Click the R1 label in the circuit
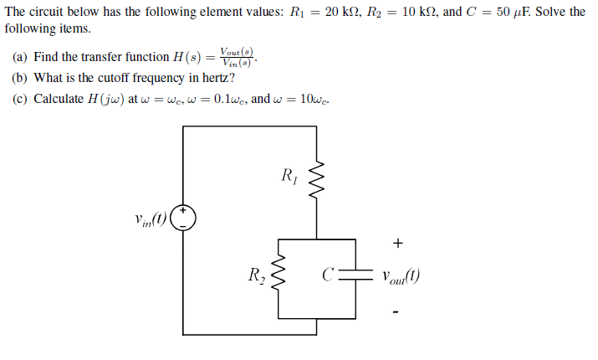tap(289, 176)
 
